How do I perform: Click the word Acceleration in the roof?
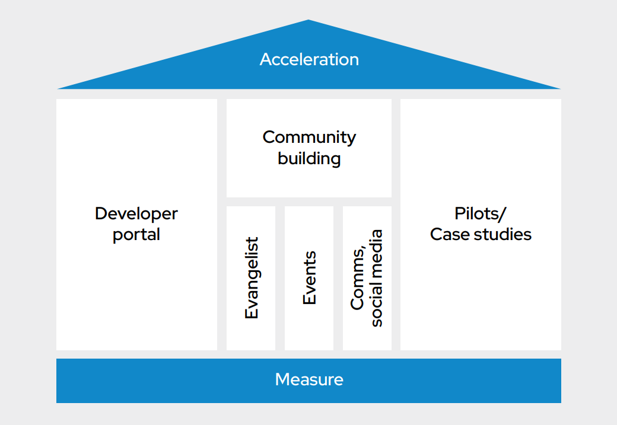pos(309,59)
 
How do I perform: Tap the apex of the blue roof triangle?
pos(308,21)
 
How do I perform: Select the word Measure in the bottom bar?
pos(309,379)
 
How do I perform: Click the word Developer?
pos(136,213)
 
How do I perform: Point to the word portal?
pos(136,235)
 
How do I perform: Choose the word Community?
pos(309,137)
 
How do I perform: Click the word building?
pos(309,159)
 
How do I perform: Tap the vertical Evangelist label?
pos(252,278)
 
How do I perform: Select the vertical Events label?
pos(309,278)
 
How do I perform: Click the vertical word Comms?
pos(357,278)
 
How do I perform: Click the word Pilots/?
pos(481,213)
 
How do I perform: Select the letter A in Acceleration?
pos(265,59)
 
